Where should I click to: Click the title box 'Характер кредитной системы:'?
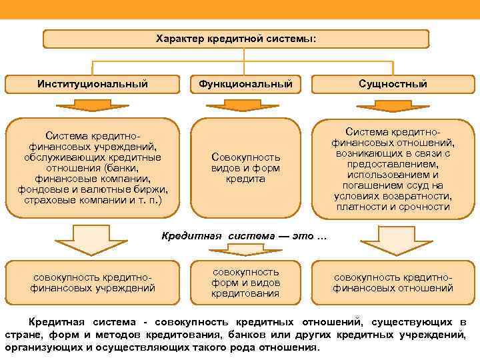coord(236,39)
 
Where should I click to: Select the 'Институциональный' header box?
coord(93,84)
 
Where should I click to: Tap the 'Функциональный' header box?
coord(245,84)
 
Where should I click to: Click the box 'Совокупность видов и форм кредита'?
coord(245,167)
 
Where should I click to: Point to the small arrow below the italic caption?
coord(245,249)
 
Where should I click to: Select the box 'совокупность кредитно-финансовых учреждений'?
coord(93,283)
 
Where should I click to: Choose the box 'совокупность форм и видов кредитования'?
coord(245,283)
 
